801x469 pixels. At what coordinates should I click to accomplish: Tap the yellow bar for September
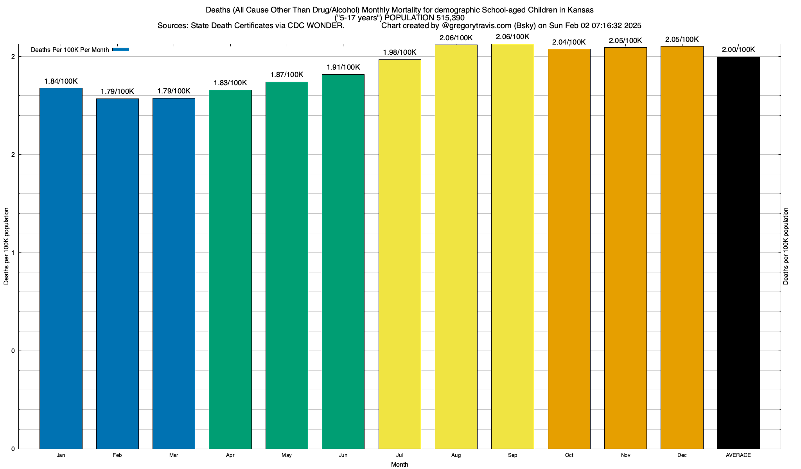pyautogui.click(x=512, y=246)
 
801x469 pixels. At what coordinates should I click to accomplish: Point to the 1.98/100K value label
pyautogui.click(x=400, y=52)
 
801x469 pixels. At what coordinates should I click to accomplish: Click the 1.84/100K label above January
pyautogui.click(x=61, y=81)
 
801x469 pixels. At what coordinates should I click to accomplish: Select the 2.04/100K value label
pyautogui.click(x=569, y=42)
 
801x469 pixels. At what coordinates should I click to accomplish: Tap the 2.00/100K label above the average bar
pyautogui.click(x=738, y=50)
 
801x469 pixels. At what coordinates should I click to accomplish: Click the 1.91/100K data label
pyautogui.click(x=343, y=67)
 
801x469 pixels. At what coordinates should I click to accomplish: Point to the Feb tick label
pyautogui.click(x=117, y=455)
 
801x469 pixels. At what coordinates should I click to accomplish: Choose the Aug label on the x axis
pyautogui.click(x=456, y=455)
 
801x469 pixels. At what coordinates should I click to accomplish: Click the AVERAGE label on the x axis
pyautogui.click(x=738, y=455)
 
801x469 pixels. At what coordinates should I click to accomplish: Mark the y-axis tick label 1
pyautogui.click(x=13, y=253)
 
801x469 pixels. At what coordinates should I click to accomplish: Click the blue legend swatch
pyautogui.click(x=120, y=50)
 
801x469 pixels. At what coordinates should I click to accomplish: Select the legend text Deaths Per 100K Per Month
pyautogui.click(x=70, y=50)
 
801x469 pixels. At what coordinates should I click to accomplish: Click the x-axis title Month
pyautogui.click(x=399, y=465)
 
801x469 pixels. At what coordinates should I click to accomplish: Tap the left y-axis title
pyautogui.click(x=6, y=246)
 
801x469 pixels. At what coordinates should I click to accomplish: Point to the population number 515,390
pyautogui.click(x=451, y=18)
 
